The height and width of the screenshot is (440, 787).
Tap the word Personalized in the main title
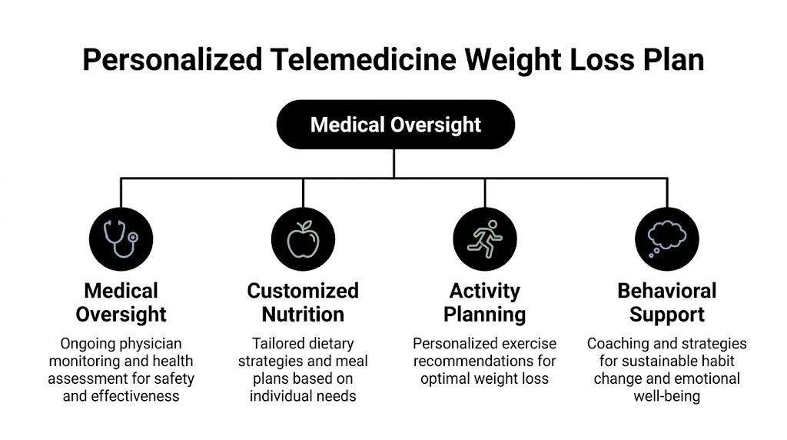pyautogui.click(x=173, y=59)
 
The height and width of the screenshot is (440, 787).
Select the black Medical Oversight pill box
pyautogui.click(x=396, y=124)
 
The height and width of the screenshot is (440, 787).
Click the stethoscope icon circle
pyautogui.click(x=121, y=239)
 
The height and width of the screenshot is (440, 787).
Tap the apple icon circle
pyautogui.click(x=303, y=239)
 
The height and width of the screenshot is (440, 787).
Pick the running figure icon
pyautogui.click(x=485, y=239)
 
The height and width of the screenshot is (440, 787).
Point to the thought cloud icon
pyautogui.click(x=667, y=239)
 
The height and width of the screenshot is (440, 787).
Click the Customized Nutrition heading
pyautogui.click(x=303, y=302)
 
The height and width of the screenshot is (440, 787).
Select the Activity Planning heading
pyautogui.click(x=485, y=302)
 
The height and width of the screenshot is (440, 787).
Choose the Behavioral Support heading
pyautogui.click(x=667, y=302)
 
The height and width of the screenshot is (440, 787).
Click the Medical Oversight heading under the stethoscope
pyautogui.click(x=121, y=302)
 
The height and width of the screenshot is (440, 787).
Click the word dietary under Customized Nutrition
pyautogui.click(x=329, y=344)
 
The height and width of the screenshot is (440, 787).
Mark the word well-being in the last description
pyautogui.click(x=667, y=396)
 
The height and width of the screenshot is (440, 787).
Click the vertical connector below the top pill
pyautogui.click(x=394, y=163)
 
